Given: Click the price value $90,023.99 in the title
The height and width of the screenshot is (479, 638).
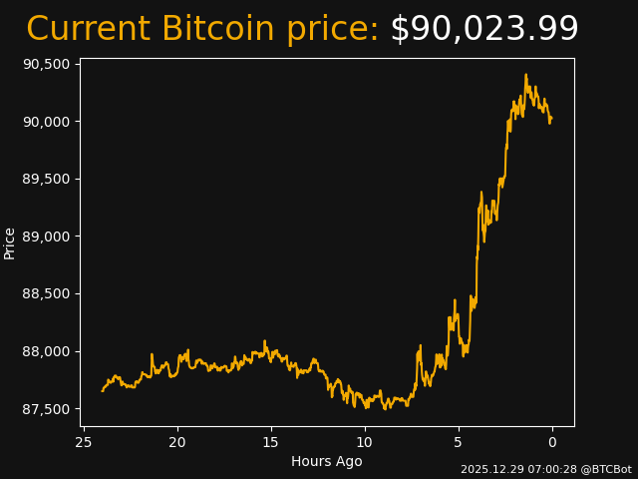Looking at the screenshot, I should (x=483, y=30).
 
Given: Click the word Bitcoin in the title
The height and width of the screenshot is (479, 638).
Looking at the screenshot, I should (x=217, y=30).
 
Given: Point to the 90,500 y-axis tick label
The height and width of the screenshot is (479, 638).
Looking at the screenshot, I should (x=46, y=64).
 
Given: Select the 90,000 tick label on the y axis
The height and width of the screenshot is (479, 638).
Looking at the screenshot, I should (x=46, y=122).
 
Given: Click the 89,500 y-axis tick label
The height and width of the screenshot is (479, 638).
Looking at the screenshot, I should (x=46, y=179).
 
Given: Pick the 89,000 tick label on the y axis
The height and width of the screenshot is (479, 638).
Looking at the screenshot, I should (x=46, y=237).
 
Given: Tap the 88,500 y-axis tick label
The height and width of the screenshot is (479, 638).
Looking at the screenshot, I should (x=46, y=294).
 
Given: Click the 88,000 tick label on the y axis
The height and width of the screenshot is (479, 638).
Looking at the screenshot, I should (x=46, y=351).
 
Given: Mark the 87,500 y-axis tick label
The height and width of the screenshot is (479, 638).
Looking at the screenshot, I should (x=46, y=409).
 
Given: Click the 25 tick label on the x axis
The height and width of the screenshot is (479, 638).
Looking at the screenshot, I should (x=84, y=442).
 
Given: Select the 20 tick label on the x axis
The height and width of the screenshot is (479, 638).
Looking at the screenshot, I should (x=177, y=442).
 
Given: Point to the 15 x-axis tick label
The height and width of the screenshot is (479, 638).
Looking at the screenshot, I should (x=271, y=442).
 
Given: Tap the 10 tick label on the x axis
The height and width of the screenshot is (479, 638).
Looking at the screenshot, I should (x=365, y=442).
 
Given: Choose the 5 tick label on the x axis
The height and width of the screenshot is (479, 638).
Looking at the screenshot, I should (x=459, y=442).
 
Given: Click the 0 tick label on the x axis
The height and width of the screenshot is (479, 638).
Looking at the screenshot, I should (x=552, y=442).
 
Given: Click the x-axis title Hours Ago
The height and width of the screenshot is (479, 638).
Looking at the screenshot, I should (x=327, y=461).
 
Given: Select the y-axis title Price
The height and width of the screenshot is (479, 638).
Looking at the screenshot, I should (x=10, y=242).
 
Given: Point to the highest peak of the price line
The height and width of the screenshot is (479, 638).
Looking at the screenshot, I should (x=525, y=74).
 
